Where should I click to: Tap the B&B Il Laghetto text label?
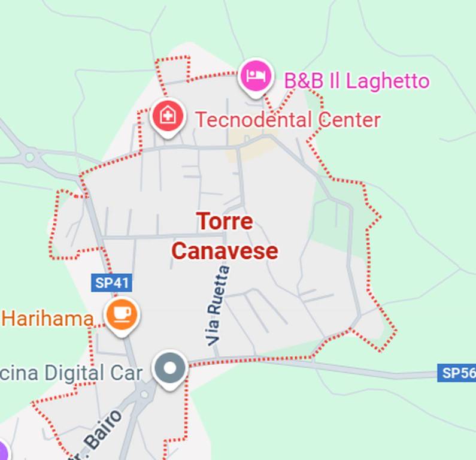356,81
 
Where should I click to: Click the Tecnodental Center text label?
287,120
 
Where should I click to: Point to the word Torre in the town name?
225,222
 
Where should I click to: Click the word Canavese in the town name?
225,251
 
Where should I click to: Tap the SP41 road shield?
111,283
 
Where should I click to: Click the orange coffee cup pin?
122,313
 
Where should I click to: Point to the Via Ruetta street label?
218,305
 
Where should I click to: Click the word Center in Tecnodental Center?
349,120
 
